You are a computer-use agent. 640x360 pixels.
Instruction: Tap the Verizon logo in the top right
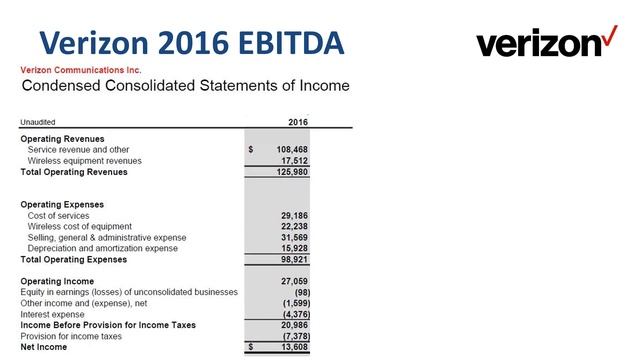(x=547, y=43)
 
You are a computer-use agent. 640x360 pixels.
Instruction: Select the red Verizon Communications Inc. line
(x=81, y=70)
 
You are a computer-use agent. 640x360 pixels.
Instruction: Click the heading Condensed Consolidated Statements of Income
(x=185, y=86)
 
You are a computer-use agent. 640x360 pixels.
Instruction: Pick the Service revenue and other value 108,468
(x=291, y=149)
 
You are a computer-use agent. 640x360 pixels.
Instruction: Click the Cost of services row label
(x=59, y=215)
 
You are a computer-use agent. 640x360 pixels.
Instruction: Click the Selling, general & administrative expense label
(x=107, y=237)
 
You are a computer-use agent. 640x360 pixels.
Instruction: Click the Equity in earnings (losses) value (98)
(x=297, y=292)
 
